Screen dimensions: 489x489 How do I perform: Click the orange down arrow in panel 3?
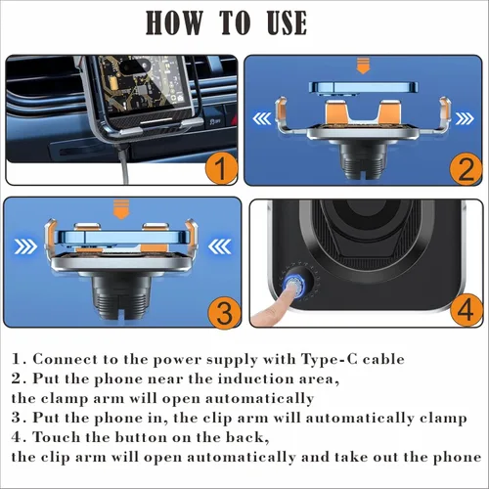(x=122, y=206)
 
